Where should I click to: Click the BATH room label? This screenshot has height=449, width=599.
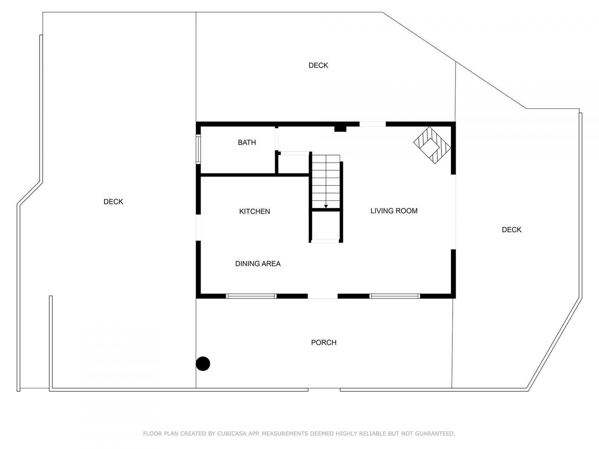(247, 143)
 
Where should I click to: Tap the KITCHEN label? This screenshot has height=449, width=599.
(255, 211)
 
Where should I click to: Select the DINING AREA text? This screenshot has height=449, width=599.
(258, 264)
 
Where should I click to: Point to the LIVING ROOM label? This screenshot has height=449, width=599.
(394, 211)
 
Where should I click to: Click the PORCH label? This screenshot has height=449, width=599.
(324, 343)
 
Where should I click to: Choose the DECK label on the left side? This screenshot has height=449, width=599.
(113, 202)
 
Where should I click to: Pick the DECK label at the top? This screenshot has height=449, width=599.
(318, 65)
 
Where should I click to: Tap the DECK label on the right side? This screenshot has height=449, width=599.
(511, 230)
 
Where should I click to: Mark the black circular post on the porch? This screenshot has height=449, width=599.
(203, 363)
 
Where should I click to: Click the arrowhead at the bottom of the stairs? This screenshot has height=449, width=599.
(326, 206)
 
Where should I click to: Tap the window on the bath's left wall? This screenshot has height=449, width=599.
(198, 149)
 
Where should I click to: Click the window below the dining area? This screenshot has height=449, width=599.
(251, 296)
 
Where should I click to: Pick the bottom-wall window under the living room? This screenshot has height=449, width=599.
(395, 296)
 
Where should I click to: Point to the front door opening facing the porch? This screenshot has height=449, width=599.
(323, 296)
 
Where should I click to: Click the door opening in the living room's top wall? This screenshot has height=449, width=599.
(373, 124)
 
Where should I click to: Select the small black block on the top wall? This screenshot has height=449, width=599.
(340, 128)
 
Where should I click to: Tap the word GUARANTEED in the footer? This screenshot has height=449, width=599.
(436, 434)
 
